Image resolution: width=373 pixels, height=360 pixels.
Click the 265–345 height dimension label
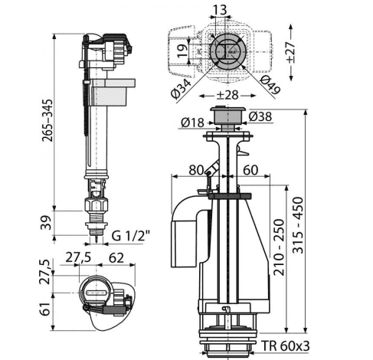47,120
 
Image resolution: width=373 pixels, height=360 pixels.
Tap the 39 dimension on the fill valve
47,223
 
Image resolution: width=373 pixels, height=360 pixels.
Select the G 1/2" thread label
130,236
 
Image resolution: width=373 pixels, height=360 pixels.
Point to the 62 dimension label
116,258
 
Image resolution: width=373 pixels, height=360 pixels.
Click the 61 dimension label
46,309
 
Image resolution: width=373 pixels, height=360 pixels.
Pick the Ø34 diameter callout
182,89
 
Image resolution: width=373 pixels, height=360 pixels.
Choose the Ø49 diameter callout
270,85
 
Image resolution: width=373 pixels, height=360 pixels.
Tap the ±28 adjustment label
227,95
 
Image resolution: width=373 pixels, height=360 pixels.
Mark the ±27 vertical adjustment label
290,53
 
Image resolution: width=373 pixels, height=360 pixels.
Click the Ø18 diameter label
192,123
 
